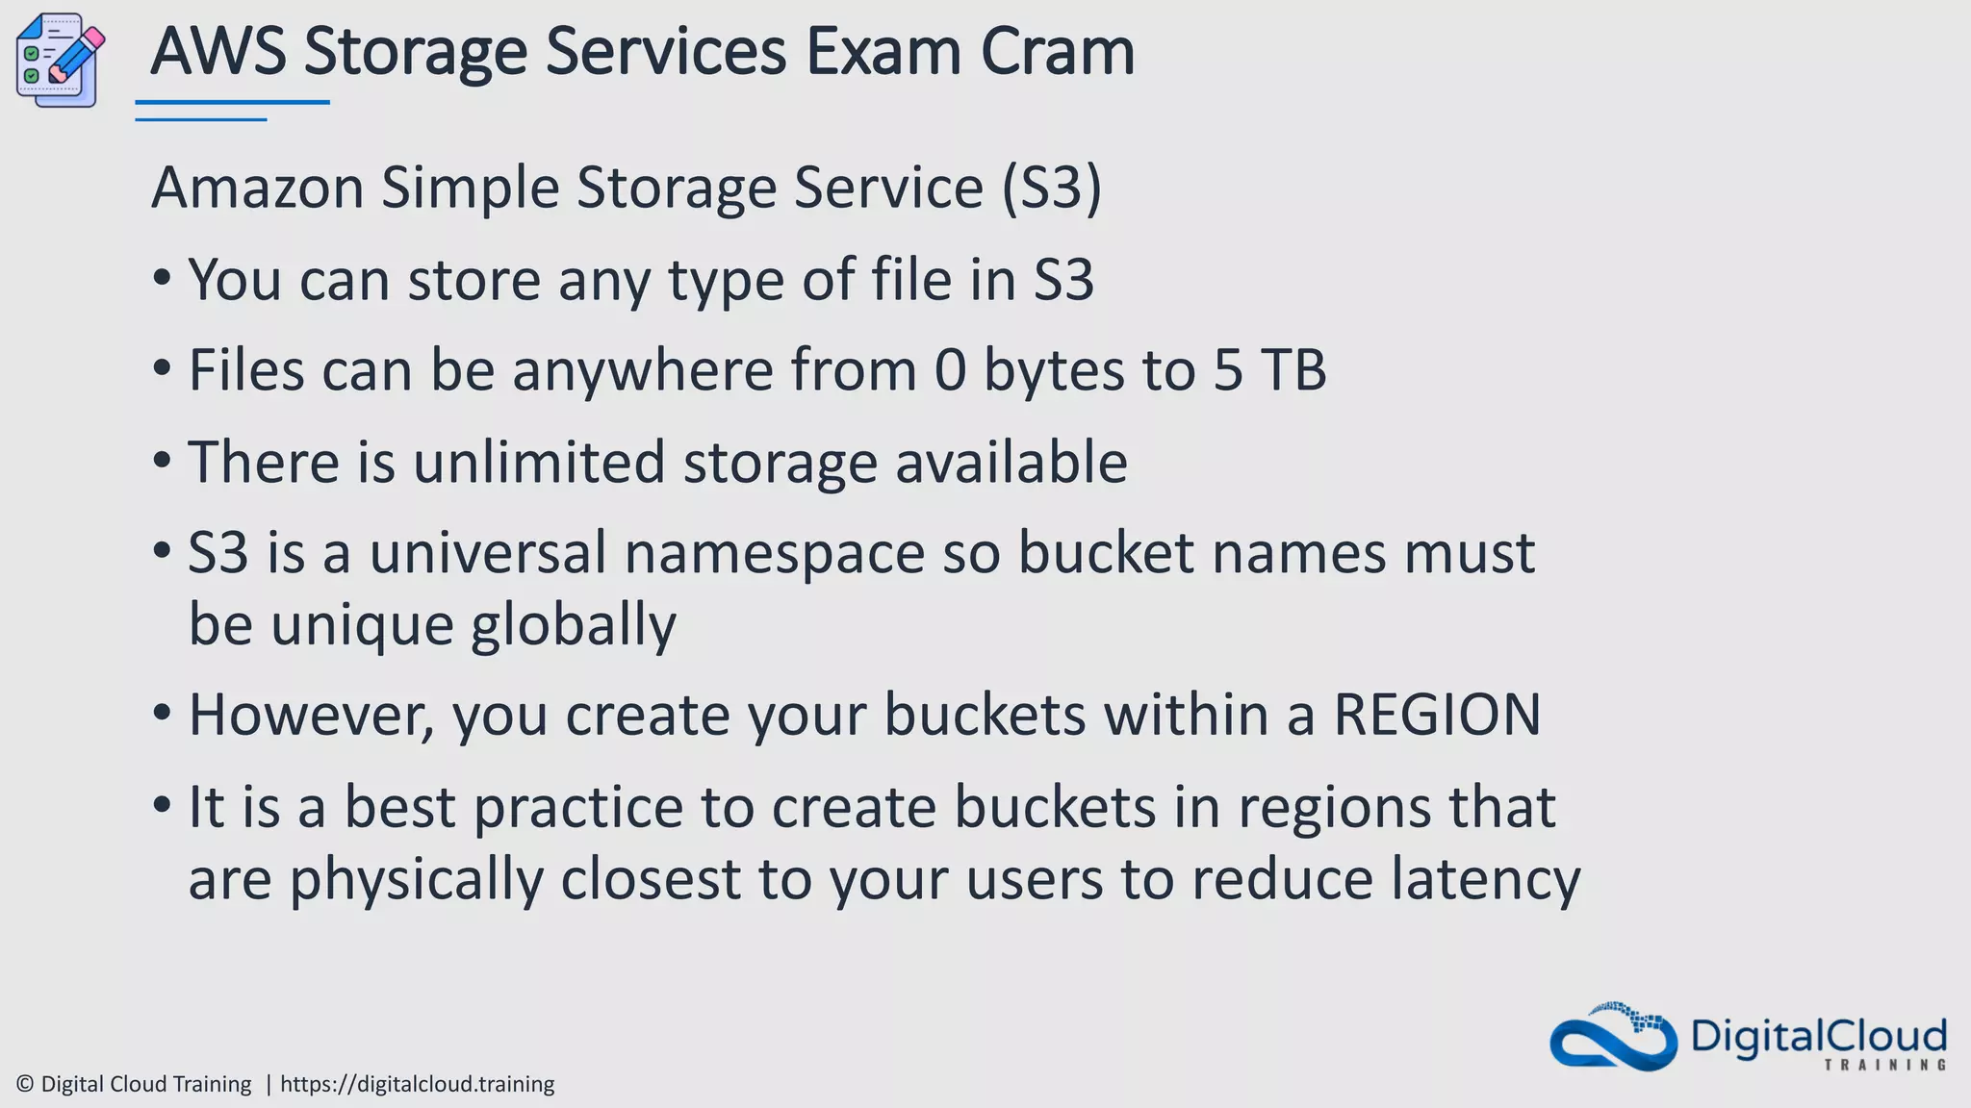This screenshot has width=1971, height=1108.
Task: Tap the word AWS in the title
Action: click(x=218, y=52)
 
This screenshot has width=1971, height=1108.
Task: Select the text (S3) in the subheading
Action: click(x=1051, y=188)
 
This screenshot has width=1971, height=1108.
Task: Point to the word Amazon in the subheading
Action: click(x=257, y=188)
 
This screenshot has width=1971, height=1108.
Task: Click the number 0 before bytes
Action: click(x=950, y=370)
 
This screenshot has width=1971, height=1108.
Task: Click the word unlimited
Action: click(x=539, y=462)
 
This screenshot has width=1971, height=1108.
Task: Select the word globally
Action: click(x=574, y=625)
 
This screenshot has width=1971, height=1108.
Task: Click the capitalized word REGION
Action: click(x=1436, y=715)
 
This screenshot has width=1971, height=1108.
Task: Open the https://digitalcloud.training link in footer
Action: click(x=417, y=1084)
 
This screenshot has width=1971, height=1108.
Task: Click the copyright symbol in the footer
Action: click(x=26, y=1084)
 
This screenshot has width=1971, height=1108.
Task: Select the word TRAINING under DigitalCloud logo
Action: click(x=1884, y=1065)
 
